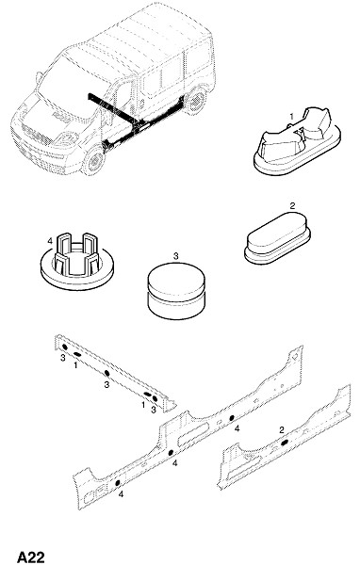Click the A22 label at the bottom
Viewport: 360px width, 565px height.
pyautogui.click(x=31, y=557)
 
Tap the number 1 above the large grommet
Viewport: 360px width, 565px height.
pyautogui.click(x=292, y=117)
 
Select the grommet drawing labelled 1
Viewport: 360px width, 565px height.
pyautogui.click(x=297, y=140)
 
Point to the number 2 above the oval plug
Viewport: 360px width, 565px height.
pyautogui.click(x=292, y=205)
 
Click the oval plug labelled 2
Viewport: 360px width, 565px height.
pyautogui.click(x=277, y=238)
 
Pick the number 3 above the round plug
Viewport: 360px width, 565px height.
pyautogui.click(x=175, y=256)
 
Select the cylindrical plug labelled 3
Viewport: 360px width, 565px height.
pyautogui.click(x=176, y=290)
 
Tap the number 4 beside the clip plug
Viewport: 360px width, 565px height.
pyautogui.click(x=50, y=240)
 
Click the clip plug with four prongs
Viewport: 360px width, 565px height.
pyautogui.click(x=77, y=261)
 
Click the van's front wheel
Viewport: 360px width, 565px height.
pyautogui.click(x=94, y=160)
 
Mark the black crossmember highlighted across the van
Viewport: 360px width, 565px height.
pyautogui.click(x=112, y=107)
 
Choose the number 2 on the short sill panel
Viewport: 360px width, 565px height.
pyautogui.click(x=282, y=429)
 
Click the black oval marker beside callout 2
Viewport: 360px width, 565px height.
pyautogui.click(x=285, y=443)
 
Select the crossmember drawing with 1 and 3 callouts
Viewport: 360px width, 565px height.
pyautogui.click(x=115, y=373)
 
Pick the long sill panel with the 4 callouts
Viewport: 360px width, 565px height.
pyautogui.click(x=188, y=428)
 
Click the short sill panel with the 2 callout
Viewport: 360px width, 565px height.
pyautogui.click(x=284, y=438)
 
